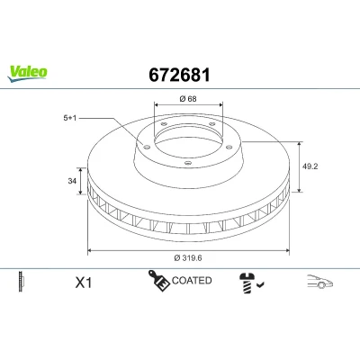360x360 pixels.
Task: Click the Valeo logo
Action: [27, 74]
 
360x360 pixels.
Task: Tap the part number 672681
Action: [179, 75]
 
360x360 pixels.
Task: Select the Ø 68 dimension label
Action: [188, 98]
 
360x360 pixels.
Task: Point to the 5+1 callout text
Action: [69, 118]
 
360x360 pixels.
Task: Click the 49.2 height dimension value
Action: [310, 166]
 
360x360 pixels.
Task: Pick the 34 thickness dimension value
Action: [72, 181]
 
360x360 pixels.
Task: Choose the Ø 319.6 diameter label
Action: [188, 257]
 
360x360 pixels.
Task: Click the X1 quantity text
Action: [84, 283]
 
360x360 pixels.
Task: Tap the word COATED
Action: [192, 281]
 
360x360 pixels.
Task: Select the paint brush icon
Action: [158, 281]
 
